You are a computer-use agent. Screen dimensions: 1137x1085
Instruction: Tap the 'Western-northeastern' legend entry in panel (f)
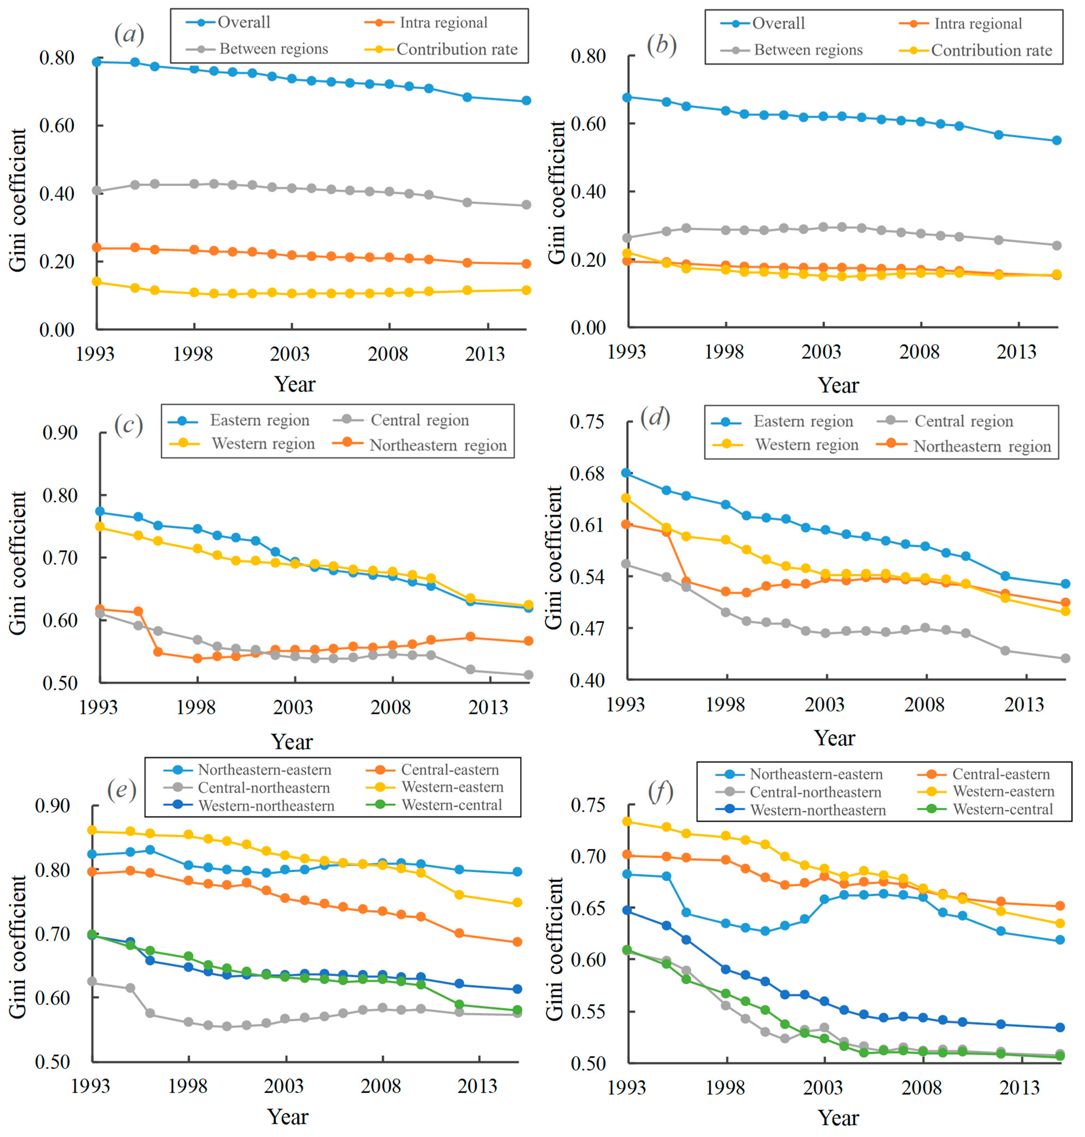pos(817,810)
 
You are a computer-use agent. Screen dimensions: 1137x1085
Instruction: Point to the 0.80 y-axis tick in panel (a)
pos(57,58)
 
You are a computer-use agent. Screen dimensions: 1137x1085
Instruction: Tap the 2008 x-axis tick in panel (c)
pos(390,707)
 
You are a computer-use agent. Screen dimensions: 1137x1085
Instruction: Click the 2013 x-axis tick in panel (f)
pos(1020,1088)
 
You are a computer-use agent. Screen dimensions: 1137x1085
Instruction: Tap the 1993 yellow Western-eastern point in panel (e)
pos(92,831)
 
